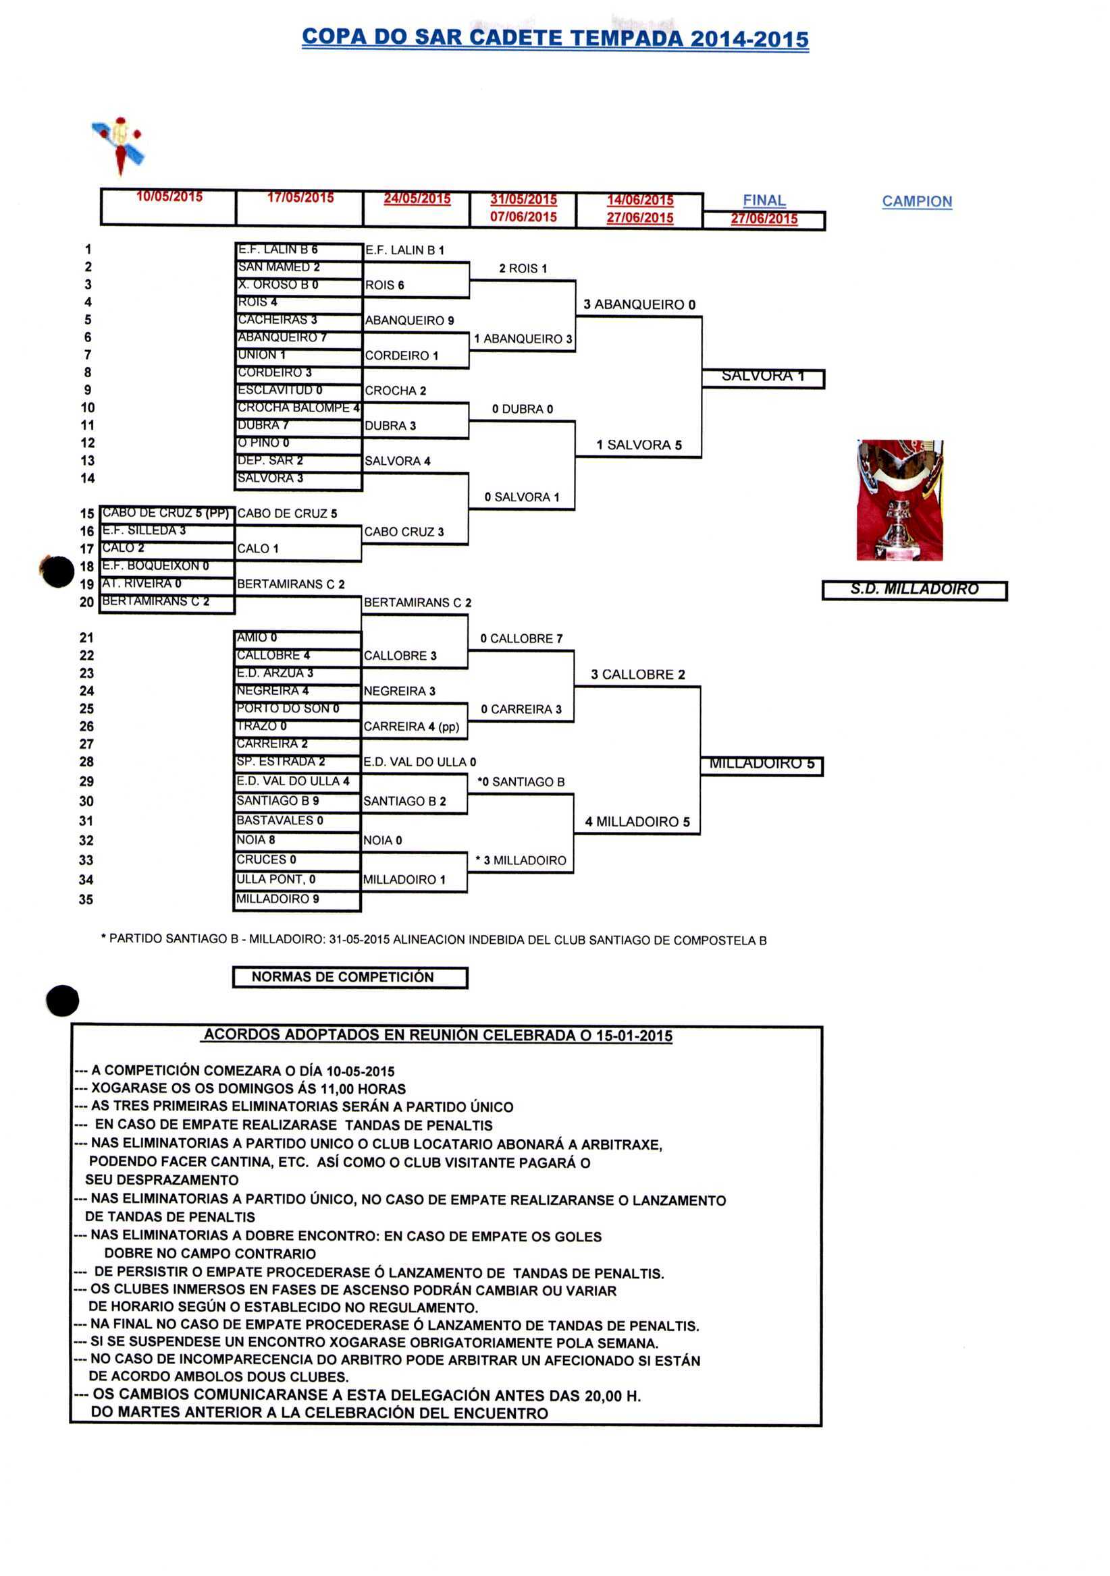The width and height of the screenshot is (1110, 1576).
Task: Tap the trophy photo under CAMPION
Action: click(x=899, y=500)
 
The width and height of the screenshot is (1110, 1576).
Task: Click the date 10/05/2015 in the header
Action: click(x=169, y=197)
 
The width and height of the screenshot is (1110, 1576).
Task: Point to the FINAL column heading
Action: click(x=764, y=200)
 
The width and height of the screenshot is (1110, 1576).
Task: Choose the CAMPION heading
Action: click(x=916, y=202)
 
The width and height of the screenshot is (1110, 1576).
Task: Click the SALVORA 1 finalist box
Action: click(x=762, y=377)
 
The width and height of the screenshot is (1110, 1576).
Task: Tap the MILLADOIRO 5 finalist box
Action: click(x=761, y=764)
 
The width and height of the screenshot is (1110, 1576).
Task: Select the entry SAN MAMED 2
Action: click(x=279, y=267)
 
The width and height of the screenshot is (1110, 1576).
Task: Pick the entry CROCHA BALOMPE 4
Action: click(x=298, y=407)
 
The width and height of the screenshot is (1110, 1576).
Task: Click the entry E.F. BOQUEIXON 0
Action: click(x=155, y=566)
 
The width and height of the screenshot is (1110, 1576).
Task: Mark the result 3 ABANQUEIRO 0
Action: click(x=639, y=305)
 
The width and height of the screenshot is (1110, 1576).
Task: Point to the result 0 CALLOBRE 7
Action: click(x=521, y=638)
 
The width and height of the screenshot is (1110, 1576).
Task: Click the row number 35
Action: click(x=86, y=899)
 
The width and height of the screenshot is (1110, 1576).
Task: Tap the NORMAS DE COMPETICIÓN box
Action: click(x=350, y=977)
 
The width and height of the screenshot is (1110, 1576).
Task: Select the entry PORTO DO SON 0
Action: click(x=288, y=708)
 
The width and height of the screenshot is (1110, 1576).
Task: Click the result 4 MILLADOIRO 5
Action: click(x=637, y=822)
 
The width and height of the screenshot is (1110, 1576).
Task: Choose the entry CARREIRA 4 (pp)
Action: click(x=411, y=726)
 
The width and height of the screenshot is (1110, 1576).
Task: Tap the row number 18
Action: click(x=86, y=566)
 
